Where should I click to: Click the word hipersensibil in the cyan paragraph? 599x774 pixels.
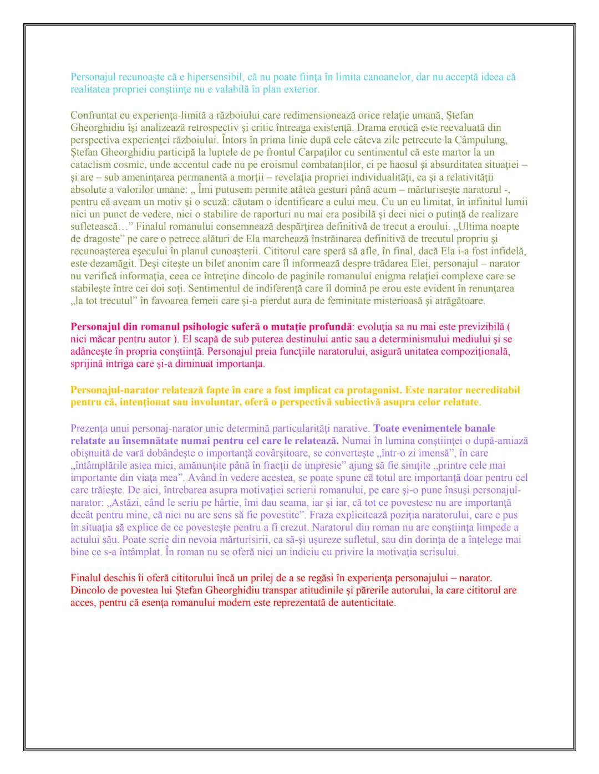point(214,77)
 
